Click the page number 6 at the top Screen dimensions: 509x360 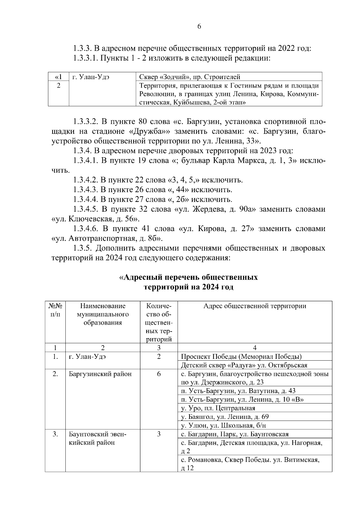click(199, 26)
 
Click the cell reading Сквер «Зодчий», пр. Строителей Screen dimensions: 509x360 click(190, 77)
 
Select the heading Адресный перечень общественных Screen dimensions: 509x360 click(189, 277)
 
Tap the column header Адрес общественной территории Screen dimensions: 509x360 click(255, 306)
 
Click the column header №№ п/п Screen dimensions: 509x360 click(55, 310)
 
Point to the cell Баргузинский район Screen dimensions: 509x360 click(100, 374)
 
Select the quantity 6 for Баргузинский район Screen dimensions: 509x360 click(159, 374)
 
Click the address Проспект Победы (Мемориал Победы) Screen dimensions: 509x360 click(241, 357)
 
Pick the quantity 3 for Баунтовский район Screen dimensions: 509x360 click(159, 434)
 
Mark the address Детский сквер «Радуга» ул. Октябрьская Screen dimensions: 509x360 click(244, 365)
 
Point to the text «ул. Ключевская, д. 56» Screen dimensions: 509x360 click(95, 219)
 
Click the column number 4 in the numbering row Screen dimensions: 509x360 click(255, 348)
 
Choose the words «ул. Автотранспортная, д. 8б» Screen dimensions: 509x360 click(107, 239)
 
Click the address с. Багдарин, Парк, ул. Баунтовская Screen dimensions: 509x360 click(235, 434)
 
